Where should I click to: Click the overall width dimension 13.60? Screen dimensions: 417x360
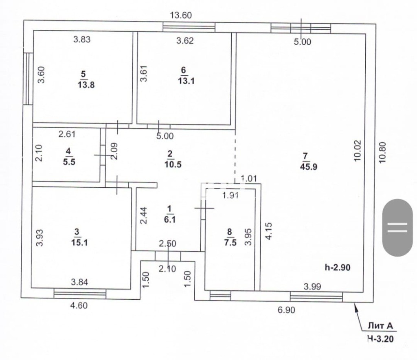pyautogui.click(x=181, y=15)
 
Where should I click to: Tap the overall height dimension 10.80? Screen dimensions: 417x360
pyautogui.click(x=382, y=153)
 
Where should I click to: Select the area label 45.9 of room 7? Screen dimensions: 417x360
pyautogui.click(x=309, y=167)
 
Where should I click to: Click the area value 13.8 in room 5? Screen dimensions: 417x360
pyautogui.click(x=86, y=85)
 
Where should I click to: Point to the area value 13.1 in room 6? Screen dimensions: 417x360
pyautogui.click(x=186, y=81)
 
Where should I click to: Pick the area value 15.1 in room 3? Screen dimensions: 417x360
pyautogui.click(x=79, y=242)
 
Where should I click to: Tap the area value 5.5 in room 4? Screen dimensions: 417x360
pyautogui.click(x=69, y=162)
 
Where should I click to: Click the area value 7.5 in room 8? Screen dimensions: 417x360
pyautogui.click(x=230, y=242)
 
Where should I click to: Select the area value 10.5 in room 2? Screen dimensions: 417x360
pyautogui.click(x=173, y=164)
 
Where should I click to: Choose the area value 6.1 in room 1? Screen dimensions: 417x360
pyautogui.click(x=170, y=220)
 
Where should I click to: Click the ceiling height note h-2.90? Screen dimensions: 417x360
pyautogui.click(x=338, y=267)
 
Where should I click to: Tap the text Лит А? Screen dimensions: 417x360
pyautogui.click(x=380, y=326)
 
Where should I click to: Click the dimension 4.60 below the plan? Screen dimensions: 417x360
pyautogui.click(x=79, y=305)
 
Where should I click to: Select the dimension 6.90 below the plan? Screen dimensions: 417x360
pyautogui.click(x=286, y=310)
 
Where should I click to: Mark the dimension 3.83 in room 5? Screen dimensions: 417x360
pyautogui.click(x=82, y=40)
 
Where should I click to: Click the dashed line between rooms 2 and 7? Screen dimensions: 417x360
pyautogui.click(x=235, y=156)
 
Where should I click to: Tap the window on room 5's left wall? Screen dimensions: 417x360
pyautogui.click(x=28, y=79)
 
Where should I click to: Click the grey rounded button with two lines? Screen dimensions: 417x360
pyautogui.click(x=397, y=228)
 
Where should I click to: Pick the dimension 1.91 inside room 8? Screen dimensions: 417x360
pyautogui.click(x=230, y=195)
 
